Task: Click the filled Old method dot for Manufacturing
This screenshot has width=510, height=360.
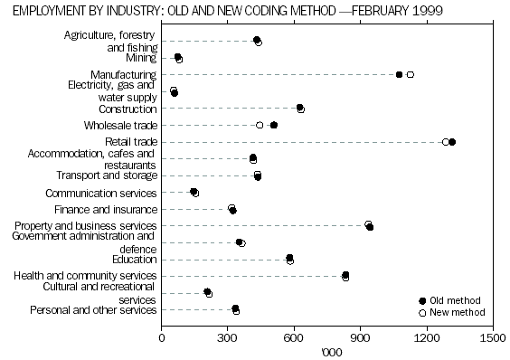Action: click(x=399, y=75)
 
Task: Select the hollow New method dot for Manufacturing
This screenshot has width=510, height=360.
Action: click(x=411, y=75)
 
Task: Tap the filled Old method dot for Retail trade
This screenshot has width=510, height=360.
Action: click(x=452, y=142)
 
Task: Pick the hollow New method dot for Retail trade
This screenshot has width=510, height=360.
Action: click(x=445, y=142)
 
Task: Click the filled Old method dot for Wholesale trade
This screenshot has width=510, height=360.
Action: click(x=274, y=125)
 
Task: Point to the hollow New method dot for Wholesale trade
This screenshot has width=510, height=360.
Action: click(x=260, y=125)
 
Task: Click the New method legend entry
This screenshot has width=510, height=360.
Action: click(x=456, y=312)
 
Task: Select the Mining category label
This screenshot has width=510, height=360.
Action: click(x=141, y=57)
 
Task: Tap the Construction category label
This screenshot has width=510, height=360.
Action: click(x=127, y=109)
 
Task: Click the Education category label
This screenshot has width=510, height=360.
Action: click(x=134, y=259)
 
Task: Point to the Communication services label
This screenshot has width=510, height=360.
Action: click(x=101, y=193)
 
